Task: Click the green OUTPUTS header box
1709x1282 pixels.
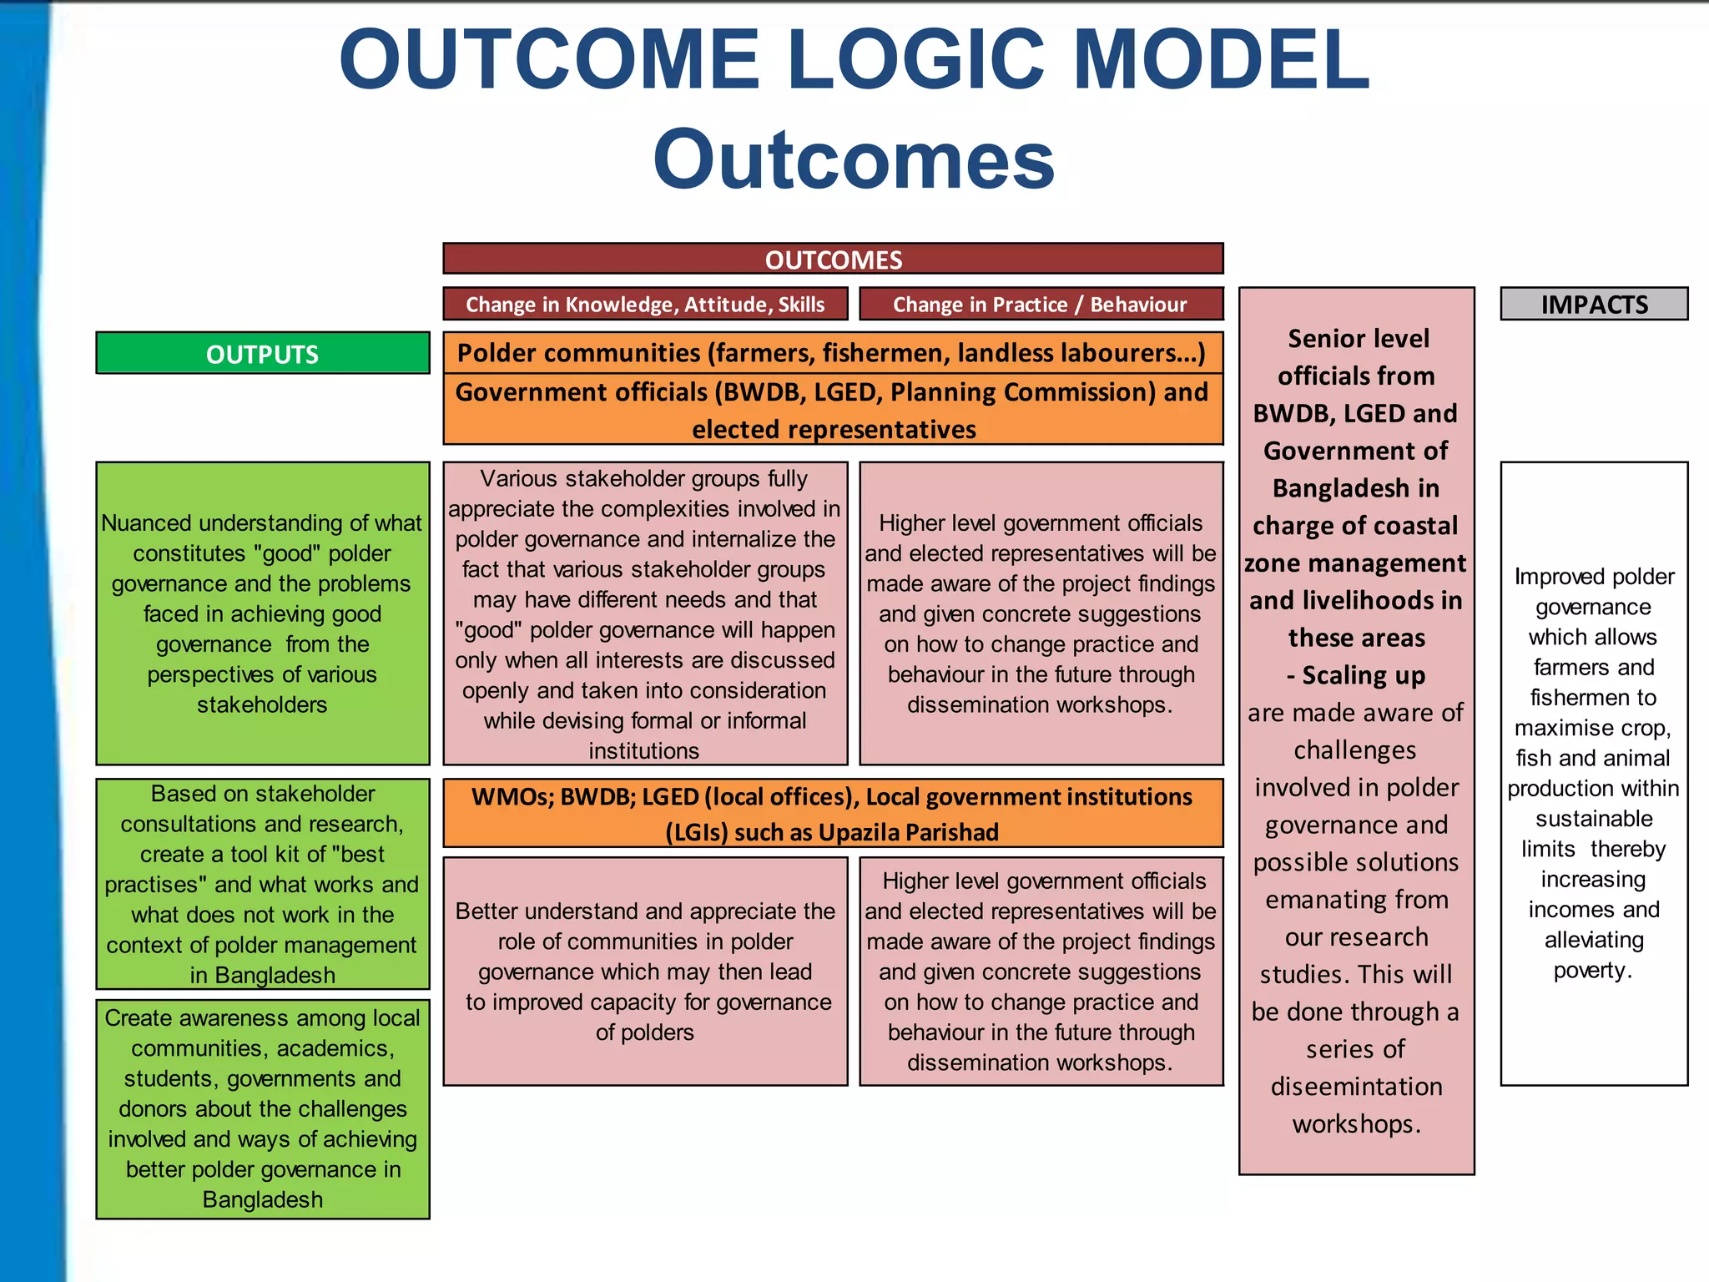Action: click(262, 353)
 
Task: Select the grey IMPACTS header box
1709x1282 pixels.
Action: click(1594, 304)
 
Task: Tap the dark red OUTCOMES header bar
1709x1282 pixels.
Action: click(833, 259)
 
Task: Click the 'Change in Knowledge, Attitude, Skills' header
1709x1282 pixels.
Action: click(645, 304)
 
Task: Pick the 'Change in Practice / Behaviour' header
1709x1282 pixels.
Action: click(1041, 304)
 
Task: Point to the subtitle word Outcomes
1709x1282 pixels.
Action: click(854, 159)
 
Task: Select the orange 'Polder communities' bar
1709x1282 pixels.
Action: click(832, 352)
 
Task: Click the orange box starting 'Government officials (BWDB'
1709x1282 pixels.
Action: click(832, 410)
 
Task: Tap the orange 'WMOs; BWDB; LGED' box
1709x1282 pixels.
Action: click(832, 814)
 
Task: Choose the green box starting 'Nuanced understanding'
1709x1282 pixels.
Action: click(262, 613)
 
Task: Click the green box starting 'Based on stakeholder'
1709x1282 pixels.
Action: click(262, 884)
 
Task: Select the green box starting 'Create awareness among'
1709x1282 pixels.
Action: click(262, 1108)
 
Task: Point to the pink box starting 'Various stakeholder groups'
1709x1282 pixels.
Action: click(645, 613)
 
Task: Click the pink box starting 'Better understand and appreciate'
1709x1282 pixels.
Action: click(645, 971)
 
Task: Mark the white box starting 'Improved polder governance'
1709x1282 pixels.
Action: click(1594, 773)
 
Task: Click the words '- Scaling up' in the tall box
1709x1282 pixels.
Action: click(1356, 674)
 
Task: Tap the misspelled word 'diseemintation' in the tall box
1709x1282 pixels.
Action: click(1356, 1086)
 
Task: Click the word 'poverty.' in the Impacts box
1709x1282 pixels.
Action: click(1592, 970)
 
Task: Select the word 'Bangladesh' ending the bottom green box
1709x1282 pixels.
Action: click(262, 1199)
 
